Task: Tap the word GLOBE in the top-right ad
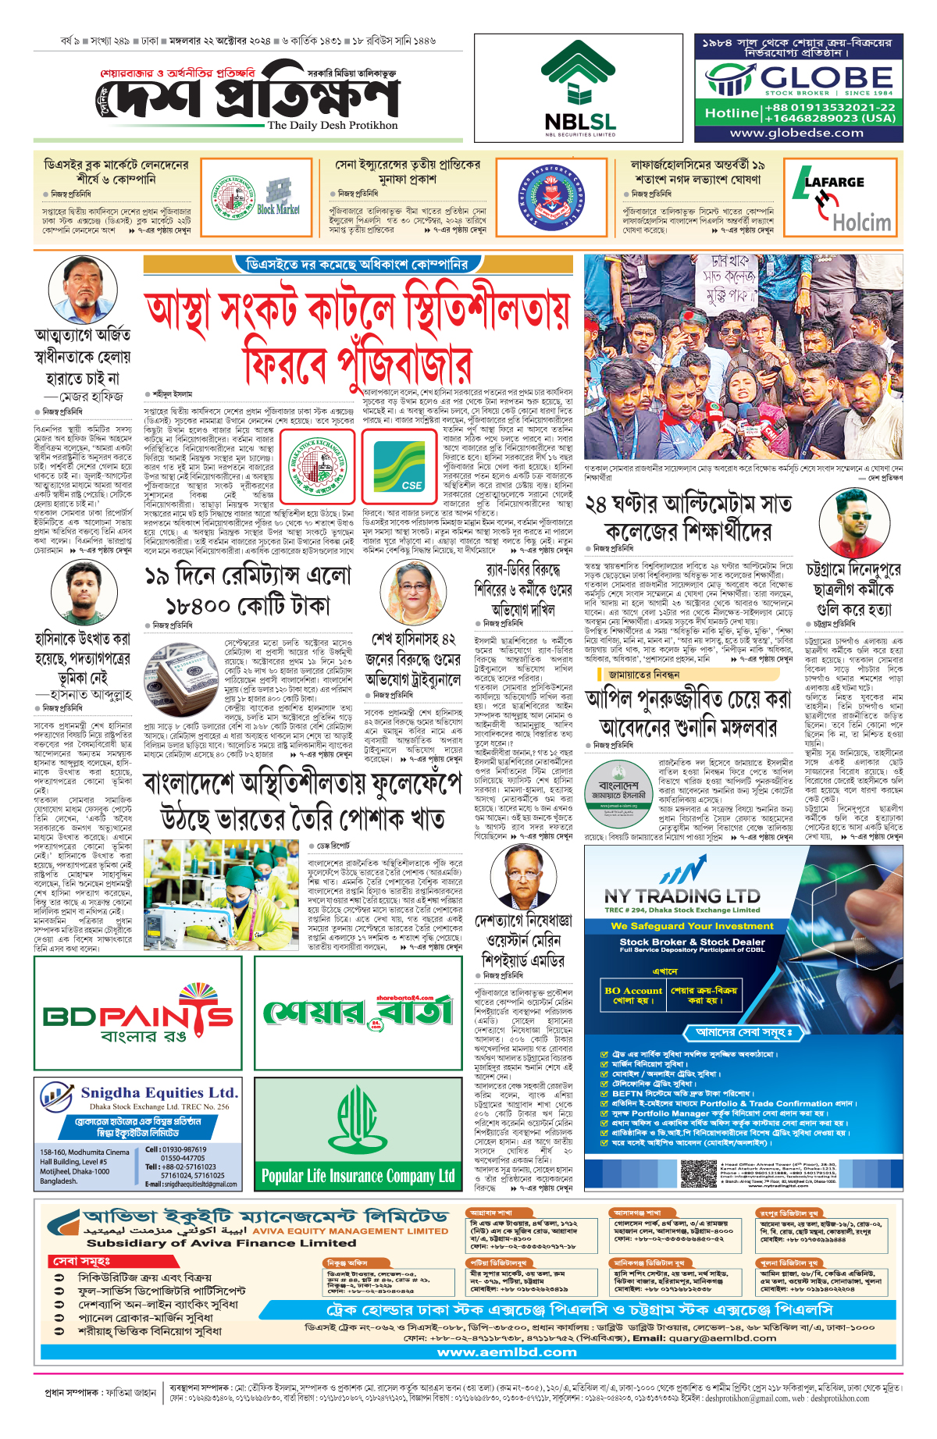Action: [826, 78]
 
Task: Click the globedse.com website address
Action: [796, 133]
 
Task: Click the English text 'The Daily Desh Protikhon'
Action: [333, 125]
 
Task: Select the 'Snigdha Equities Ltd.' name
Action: [159, 1092]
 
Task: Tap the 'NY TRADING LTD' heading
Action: [682, 896]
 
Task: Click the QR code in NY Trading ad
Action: [698, 1173]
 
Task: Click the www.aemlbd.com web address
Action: [507, 1352]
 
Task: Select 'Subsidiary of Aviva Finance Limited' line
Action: [221, 1243]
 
